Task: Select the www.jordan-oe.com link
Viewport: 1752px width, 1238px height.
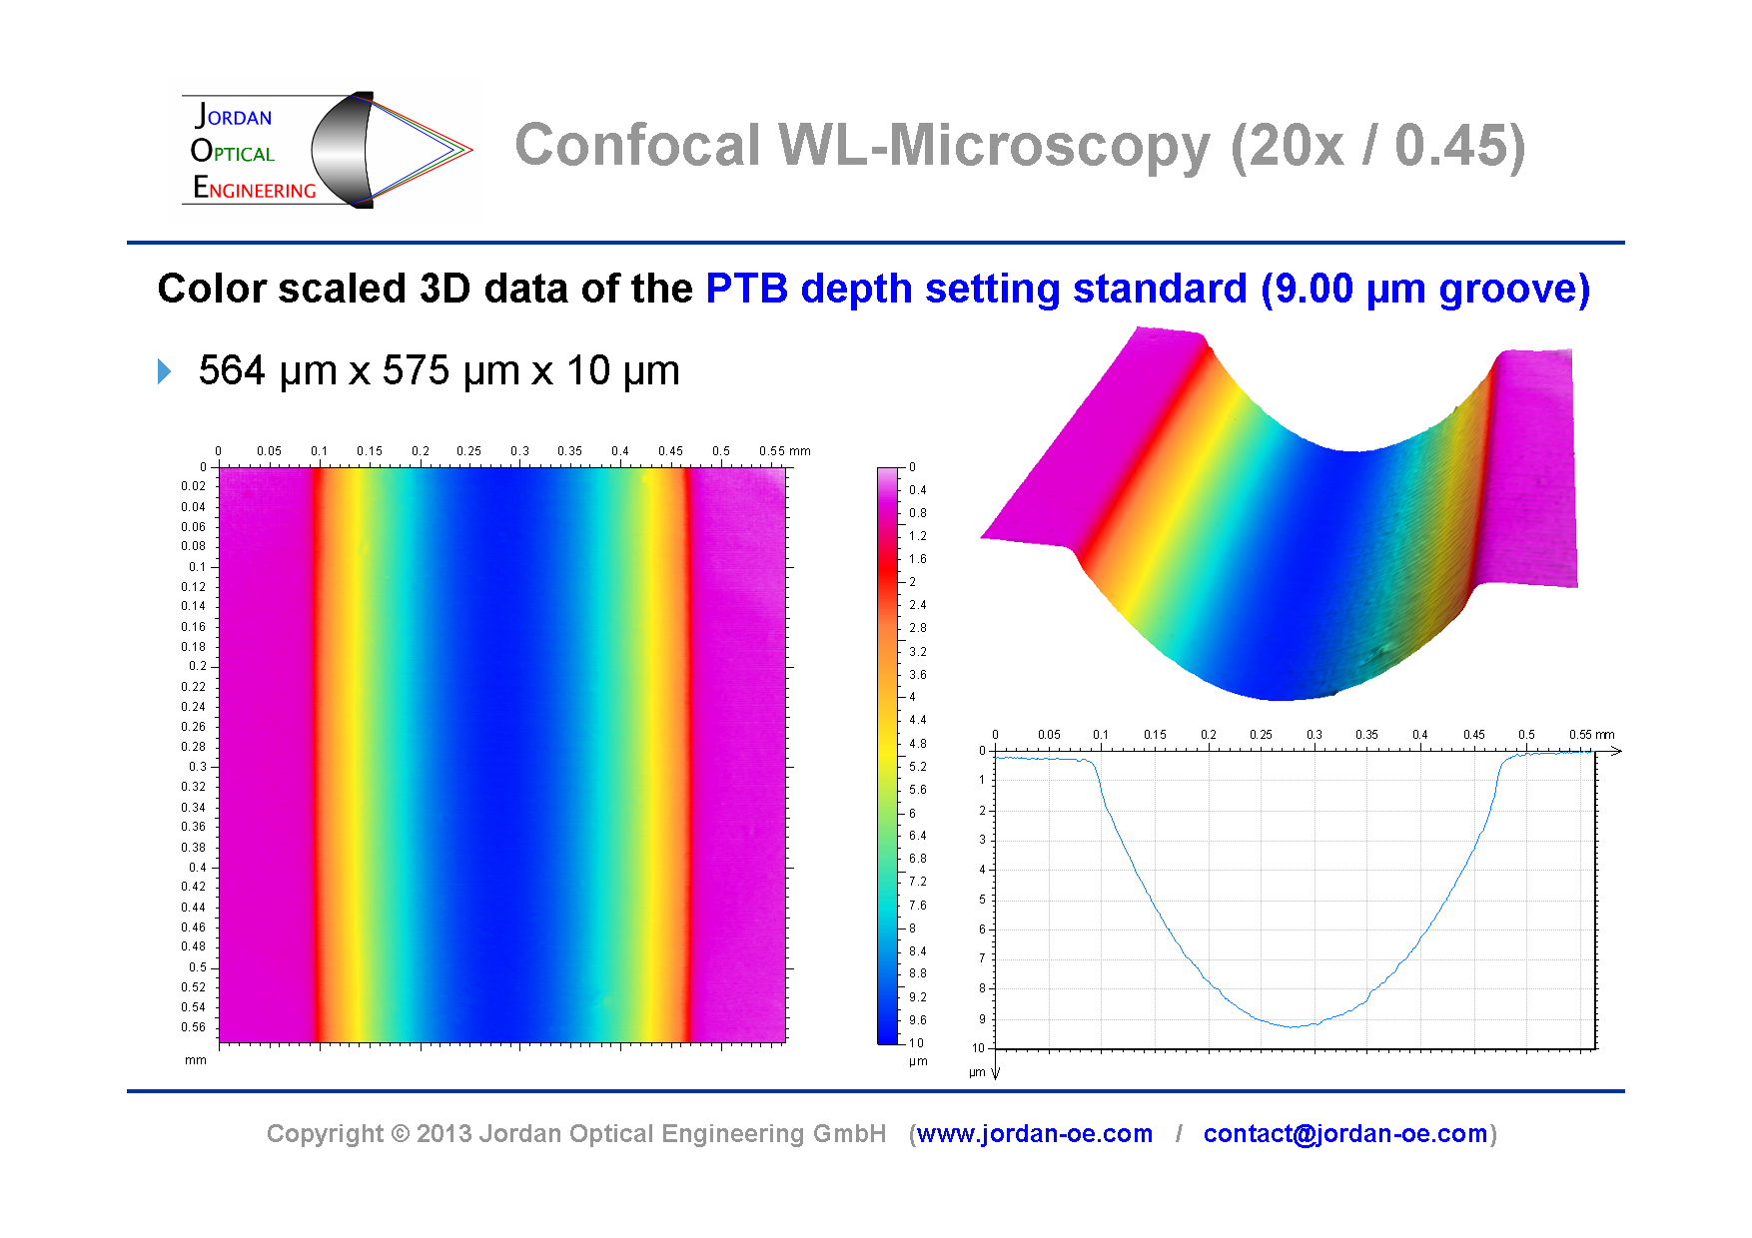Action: (x=1034, y=1134)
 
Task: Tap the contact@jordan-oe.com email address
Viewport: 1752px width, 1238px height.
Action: (x=1344, y=1134)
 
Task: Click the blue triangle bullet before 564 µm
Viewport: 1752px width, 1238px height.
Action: (x=165, y=372)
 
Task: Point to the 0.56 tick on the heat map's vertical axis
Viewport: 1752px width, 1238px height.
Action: (x=194, y=1027)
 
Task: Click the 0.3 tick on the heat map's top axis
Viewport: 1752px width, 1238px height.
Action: (x=519, y=451)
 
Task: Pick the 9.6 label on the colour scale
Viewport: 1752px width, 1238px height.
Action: (x=917, y=1020)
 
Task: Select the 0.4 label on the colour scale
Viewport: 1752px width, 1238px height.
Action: (x=917, y=490)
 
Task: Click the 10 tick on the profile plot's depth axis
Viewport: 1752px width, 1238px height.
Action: (x=979, y=1048)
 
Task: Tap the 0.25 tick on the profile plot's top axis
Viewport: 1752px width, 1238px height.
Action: (x=1261, y=735)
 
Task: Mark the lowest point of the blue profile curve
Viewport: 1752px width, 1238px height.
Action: (x=1294, y=1026)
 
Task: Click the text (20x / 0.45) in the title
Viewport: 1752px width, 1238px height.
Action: (x=1377, y=146)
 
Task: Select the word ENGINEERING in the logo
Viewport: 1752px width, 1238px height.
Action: (x=255, y=189)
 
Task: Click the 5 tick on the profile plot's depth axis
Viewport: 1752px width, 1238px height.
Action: (x=982, y=900)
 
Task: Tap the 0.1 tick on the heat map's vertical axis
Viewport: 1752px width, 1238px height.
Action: (x=198, y=567)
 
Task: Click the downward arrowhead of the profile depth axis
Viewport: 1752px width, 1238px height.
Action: (x=996, y=1073)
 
